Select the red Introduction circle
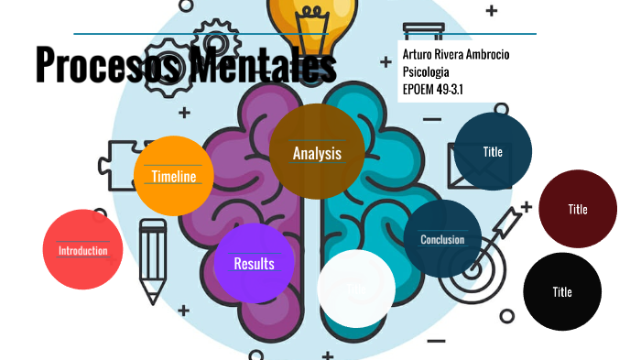pyautogui.click(x=82, y=249)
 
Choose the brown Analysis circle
pyautogui.click(x=317, y=152)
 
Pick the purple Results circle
pyautogui.click(x=254, y=263)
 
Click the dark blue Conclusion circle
pyautogui.click(x=442, y=239)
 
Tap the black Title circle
pyautogui.click(x=562, y=291)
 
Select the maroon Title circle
pyautogui.click(x=577, y=209)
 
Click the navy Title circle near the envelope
pyautogui.click(x=493, y=151)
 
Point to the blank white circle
pyautogui.click(x=356, y=289)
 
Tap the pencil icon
pyautogui.click(x=152, y=260)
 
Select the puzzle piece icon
pyautogui.click(x=116, y=166)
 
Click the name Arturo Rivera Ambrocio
pyautogui.click(x=456, y=55)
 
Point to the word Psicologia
pyautogui.click(x=426, y=71)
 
